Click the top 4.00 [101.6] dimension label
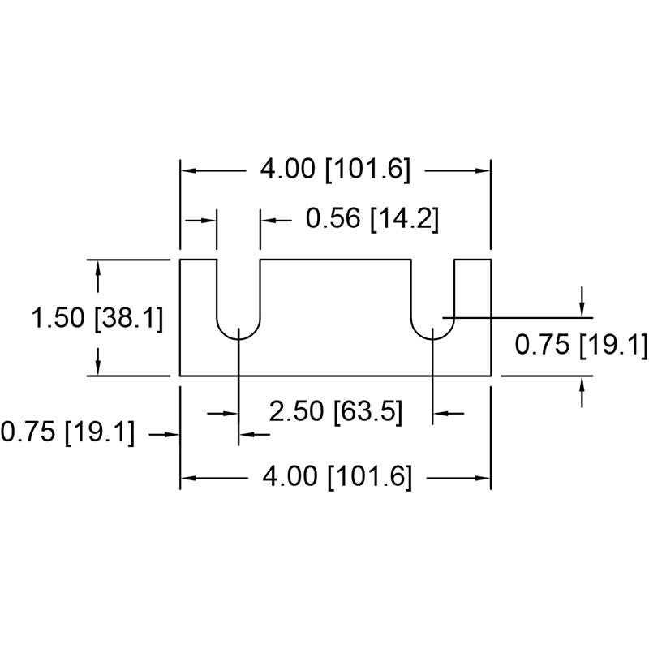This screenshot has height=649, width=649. (x=335, y=170)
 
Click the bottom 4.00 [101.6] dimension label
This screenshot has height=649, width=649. (x=337, y=477)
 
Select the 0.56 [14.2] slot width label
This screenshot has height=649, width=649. (x=372, y=218)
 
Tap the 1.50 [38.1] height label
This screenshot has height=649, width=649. (x=97, y=319)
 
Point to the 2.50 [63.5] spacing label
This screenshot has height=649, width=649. (x=336, y=412)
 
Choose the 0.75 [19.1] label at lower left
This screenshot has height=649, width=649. (x=68, y=432)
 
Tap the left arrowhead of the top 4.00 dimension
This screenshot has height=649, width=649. (x=188, y=170)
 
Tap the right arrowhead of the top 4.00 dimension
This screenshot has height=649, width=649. (x=483, y=170)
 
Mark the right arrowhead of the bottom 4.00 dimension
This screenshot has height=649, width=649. (x=483, y=478)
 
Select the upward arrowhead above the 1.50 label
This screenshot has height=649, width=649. (x=97, y=268)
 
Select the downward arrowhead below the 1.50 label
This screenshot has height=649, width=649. (x=97, y=367)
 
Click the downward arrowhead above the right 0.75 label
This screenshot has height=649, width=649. (x=582, y=310)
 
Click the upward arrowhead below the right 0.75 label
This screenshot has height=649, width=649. (x=582, y=385)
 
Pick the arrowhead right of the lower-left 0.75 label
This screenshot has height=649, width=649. (x=172, y=434)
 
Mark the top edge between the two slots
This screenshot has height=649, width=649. (x=336, y=260)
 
